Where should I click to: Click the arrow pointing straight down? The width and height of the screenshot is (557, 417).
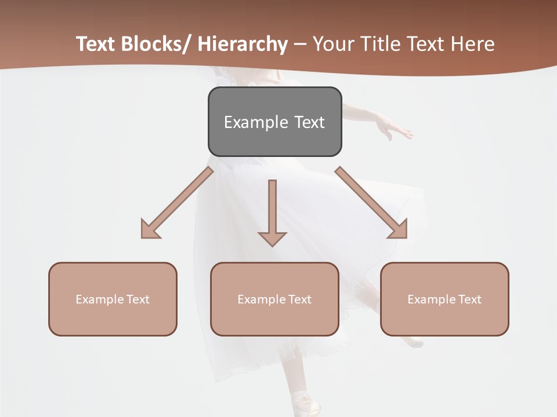click(x=272, y=211)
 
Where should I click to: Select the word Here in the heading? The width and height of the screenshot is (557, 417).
click(x=472, y=44)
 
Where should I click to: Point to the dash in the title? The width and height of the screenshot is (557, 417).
click(x=300, y=44)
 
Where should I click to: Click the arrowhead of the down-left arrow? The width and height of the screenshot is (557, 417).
click(x=149, y=229)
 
